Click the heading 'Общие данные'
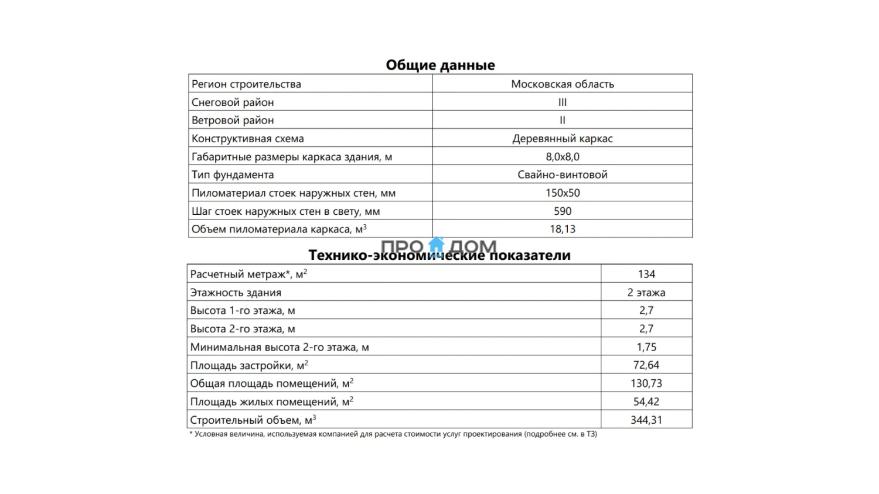tap(440, 65)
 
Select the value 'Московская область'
tap(563, 84)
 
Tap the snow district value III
tap(563, 102)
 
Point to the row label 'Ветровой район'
tap(233, 120)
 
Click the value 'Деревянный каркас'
tap(563, 139)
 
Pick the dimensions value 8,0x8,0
tap(563, 157)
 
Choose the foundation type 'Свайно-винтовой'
tap(563, 174)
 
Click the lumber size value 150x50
tap(563, 193)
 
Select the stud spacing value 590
tap(563, 211)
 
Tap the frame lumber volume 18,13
tap(563, 229)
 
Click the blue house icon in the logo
tap(437, 244)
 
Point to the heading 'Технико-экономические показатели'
tap(439, 256)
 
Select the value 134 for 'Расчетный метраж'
tap(646, 274)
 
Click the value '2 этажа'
tap(646, 292)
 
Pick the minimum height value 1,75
tap(646, 347)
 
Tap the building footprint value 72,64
tap(646, 365)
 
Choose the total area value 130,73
tap(646, 383)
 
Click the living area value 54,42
tap(646, 402)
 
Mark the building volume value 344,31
tap(646, 420)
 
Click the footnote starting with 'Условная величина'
tap(393, 434)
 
